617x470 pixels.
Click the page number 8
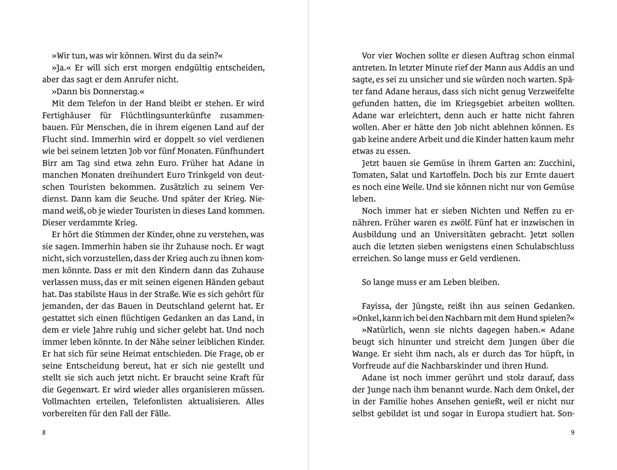point(44,432)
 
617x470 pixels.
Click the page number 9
point(573,432)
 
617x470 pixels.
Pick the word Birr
point(50,163)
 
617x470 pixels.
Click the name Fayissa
point(376,306)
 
